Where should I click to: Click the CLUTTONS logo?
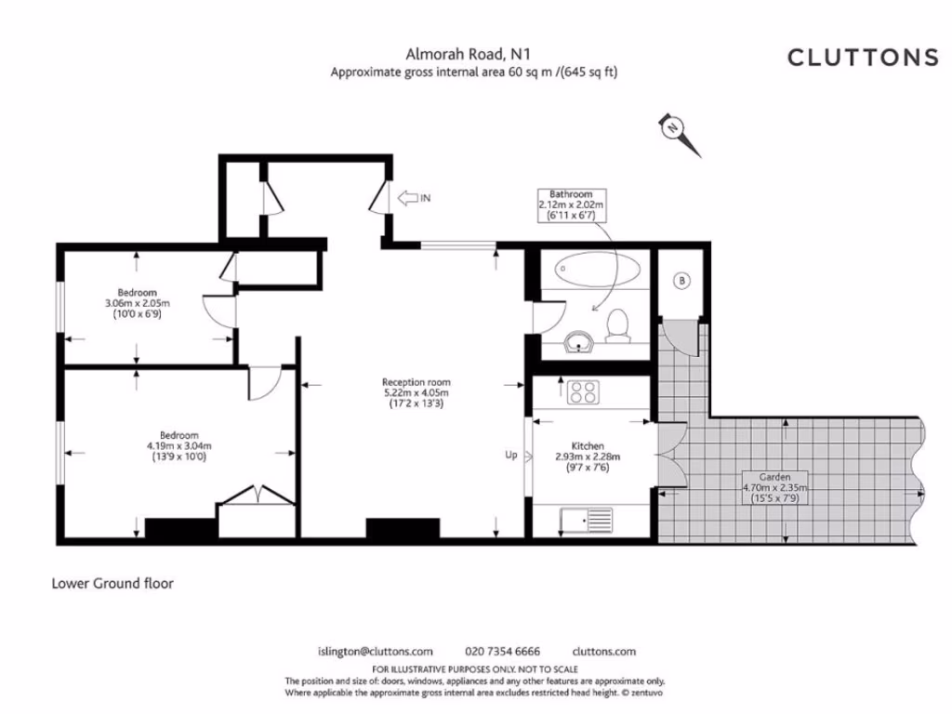(x=863, y=58)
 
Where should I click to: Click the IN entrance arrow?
(x=414, y=198)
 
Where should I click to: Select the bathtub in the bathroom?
(x=597, y=270)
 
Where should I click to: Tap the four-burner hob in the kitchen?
(x=584, y=392)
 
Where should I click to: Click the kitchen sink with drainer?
(x=587, y=521)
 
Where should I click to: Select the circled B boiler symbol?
(x=681, y=281)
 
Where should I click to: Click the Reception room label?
(x=416, y=382)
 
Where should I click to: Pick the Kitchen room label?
(x=588, y=446)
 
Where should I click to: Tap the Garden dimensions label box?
(x=774, y=487)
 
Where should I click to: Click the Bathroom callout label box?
(x=572, y=205)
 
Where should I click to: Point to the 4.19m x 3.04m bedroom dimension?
(x=179, y=446)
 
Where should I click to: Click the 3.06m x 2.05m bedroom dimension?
(x=138, y=304)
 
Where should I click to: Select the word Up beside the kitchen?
(x=511, y=455)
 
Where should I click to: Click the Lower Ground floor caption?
(x=112, y=584)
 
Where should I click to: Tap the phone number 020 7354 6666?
(x=502, y=652)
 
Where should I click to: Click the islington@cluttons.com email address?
(x=376, y=652)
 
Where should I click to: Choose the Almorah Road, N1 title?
(x=469, y=55)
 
